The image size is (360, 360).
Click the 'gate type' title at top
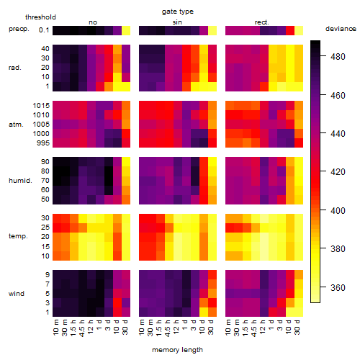pos(178,12)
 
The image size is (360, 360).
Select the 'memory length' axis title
pos(177,350)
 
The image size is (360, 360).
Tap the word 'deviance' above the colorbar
pos(341,29)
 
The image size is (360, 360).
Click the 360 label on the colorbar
pos(338,287)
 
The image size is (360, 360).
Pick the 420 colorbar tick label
pos(338,172)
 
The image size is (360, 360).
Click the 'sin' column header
pos(177,22)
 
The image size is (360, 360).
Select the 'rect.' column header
pos(261,22)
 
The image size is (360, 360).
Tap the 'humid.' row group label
pos(20,181)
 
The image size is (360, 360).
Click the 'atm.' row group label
pos(16,125)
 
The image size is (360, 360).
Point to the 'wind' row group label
pos(17,294)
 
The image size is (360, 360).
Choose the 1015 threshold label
pos(41,106)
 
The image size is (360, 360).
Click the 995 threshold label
pos(43,143)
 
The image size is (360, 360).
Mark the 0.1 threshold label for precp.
pos(44,30)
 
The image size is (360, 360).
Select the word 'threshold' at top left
pos(40,17)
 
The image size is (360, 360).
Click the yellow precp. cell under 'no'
pos(126,31)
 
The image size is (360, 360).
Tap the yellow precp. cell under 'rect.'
pos(299,31)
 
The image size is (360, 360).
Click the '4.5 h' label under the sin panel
pos(168,328)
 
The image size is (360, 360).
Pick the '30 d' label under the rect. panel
pos(297,327)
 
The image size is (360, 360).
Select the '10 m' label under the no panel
pos(55,328)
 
